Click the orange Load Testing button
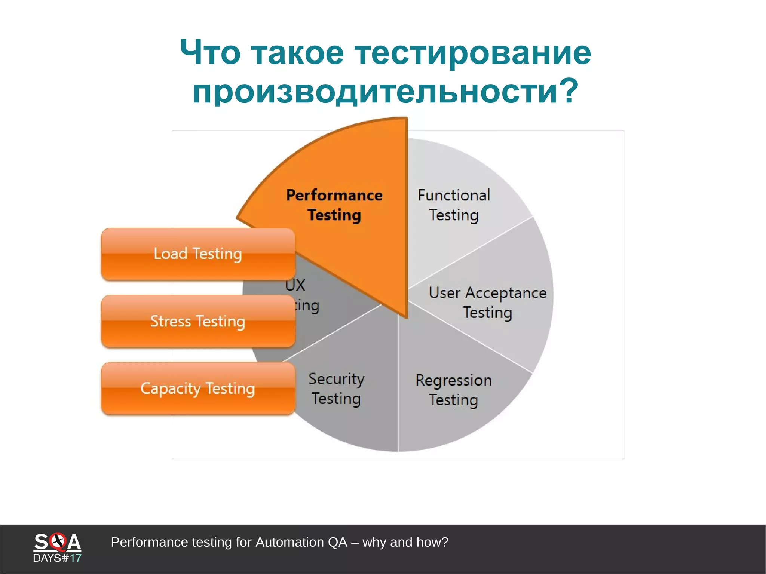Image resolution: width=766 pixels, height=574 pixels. tap(198, 254)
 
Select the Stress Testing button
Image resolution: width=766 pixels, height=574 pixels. tap(198, 321)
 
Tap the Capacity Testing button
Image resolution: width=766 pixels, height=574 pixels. tap(198, 388)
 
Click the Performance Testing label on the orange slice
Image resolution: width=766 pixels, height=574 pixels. tap(334, 205)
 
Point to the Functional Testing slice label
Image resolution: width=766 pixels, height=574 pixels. tap(454, 205)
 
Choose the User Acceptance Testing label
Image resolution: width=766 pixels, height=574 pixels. tap(487, 303)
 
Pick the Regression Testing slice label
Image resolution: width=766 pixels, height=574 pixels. tap(453, 390)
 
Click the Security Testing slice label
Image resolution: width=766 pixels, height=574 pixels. tap(336, 389)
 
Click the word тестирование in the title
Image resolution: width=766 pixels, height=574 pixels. tap(473, 53)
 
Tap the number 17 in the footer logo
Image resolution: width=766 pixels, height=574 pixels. tap(76, 558)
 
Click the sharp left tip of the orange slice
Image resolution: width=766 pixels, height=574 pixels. tap(238, 217)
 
